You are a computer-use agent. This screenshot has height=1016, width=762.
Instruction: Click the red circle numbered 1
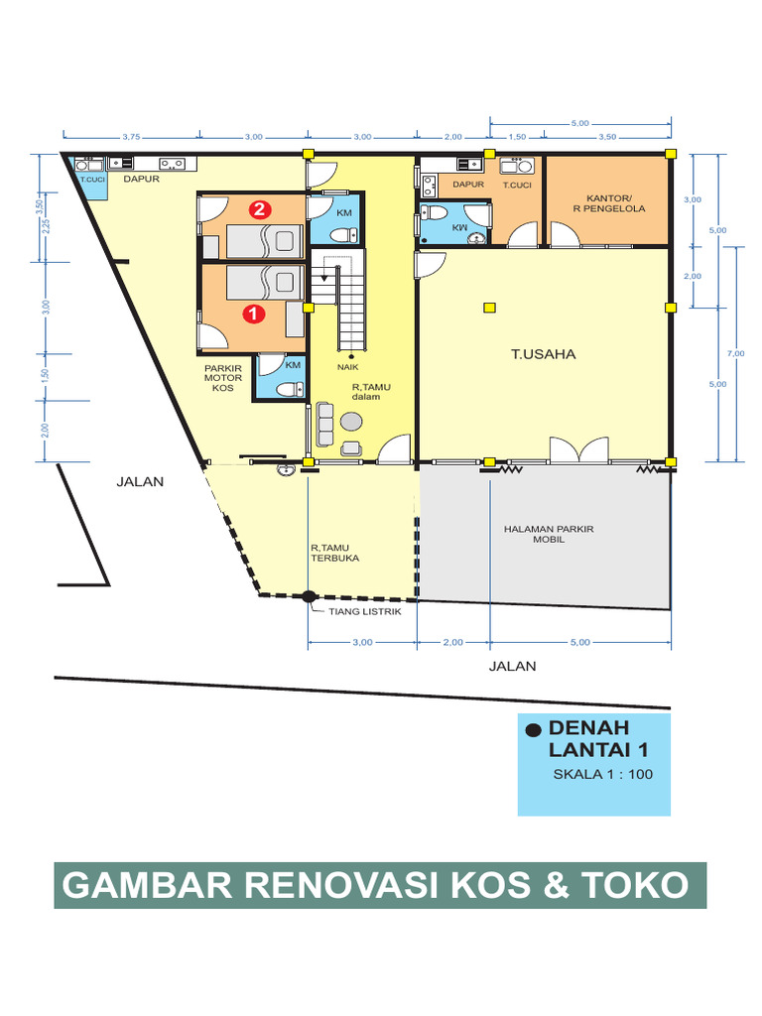pyautogui.click(x=254, y=313)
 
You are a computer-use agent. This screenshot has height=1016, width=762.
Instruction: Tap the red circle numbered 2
pyautogui.click(x=260, y=209)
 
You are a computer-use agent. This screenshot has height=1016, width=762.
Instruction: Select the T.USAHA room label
pyautogui.click(x=543, y=353)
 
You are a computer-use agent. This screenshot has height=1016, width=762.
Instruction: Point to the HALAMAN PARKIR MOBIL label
pyautogui.click(x=548, y=534)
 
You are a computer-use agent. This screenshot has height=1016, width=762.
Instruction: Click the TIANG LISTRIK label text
pyautogui.click(x=364, y=611)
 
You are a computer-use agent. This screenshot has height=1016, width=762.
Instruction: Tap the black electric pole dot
pyautogui.click(x=309, y=596)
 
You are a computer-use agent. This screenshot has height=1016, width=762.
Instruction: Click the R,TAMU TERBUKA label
pyautogui.click(x=334, y=553)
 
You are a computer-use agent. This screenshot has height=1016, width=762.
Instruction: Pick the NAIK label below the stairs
pyautogui.click(x=346, y=365)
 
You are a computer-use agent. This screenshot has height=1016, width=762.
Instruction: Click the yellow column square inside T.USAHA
pyautogui.click(x=489, y=307)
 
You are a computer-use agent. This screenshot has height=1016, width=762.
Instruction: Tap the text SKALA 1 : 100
pyautogui.click(x=602, y=775)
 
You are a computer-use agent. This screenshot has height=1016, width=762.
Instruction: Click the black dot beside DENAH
pyautogui.click(x=534, y=729)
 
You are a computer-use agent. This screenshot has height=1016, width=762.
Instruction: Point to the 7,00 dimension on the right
pyautogui.click(x=735, y=353)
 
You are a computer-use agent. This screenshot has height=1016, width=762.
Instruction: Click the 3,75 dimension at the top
pyautogui.click(x=130, y=137)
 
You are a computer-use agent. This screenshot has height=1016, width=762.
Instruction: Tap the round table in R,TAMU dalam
pyautogui.click(x=352, y=421)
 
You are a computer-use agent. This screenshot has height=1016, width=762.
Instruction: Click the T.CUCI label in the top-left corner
pyautogui.click(x=92, y=180)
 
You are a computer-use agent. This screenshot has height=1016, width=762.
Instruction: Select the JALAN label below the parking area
pyautogui.click(x=512, y=666)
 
